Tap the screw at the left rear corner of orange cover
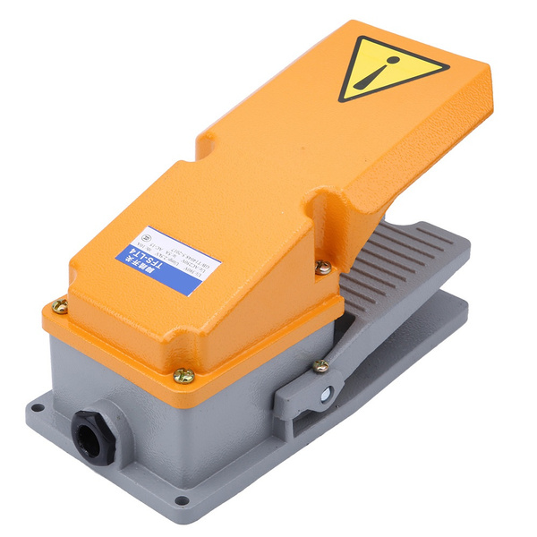[60, 306]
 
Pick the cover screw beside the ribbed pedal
[323, 266]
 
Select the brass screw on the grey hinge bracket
[320, 365]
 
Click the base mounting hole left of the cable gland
[37, 408]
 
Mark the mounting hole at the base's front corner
[181, 499]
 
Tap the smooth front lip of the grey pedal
[447, 268]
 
